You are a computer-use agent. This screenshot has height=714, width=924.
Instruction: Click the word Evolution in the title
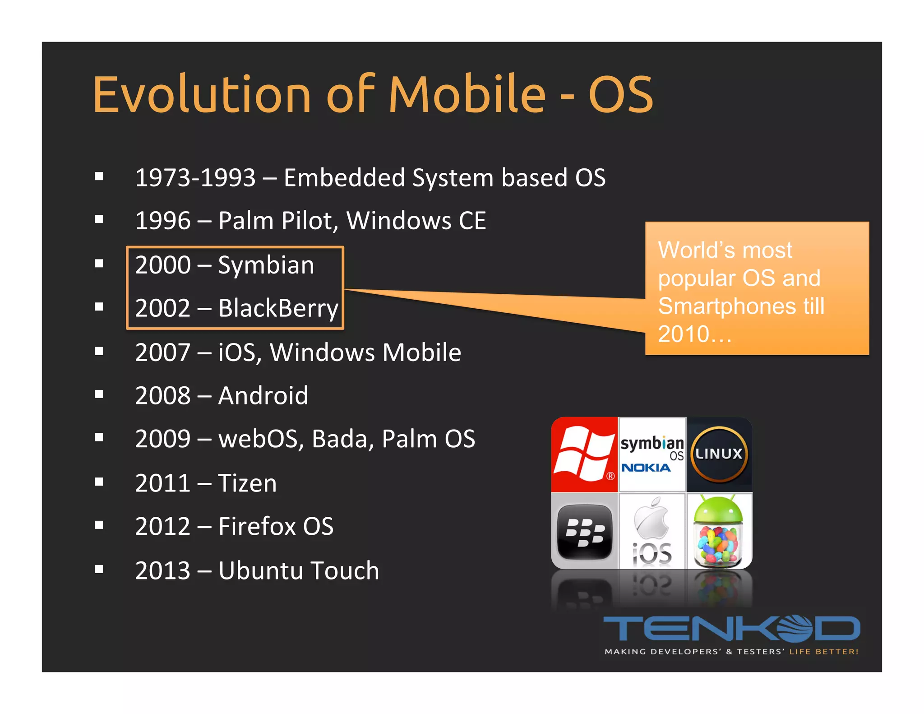[x=202, y=94]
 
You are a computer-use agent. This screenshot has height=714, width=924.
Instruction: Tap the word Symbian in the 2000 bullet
[x=266, y=265]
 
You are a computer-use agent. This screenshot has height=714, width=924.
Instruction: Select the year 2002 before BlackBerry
[x=163, y=308]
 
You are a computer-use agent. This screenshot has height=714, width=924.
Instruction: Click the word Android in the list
[x=263, y=396]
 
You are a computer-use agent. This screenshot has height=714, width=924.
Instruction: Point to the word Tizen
[x=247, y=483]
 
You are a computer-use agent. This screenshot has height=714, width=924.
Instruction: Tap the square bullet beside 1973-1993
[x=99, y=176]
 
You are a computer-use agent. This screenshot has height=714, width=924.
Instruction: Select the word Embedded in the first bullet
[x=344, y=177]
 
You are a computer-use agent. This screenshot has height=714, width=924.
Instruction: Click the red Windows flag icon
[x=584, y=454]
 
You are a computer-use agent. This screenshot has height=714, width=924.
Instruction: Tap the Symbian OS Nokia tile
[x=652, y=454]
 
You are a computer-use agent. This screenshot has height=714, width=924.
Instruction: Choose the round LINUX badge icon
[x=719, y=454]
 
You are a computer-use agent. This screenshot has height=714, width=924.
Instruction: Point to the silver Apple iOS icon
[x=652, y=531]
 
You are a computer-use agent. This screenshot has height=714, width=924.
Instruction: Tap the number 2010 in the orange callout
[x=684, y=334]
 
